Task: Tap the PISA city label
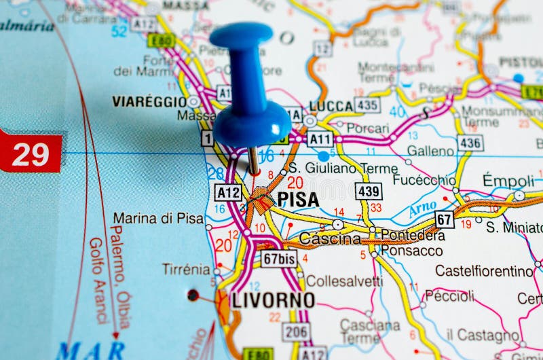pos(298,199)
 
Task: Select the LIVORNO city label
pos(274,300)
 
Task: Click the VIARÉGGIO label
pos(149,101)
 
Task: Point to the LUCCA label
pos(331,106)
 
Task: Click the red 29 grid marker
pos(31,154)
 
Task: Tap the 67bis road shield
pos(279,259)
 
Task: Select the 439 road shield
pos(369,191)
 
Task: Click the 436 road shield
pos(470,143)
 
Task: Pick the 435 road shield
pos(367,105)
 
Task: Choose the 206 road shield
pos(297,331)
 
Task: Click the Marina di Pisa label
pos(158,218)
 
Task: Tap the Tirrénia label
pos(185,269)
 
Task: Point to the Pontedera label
pos(413,235)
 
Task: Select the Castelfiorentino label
pos(484,271)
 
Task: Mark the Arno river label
pos(422,210)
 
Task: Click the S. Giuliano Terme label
pos(343,168)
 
